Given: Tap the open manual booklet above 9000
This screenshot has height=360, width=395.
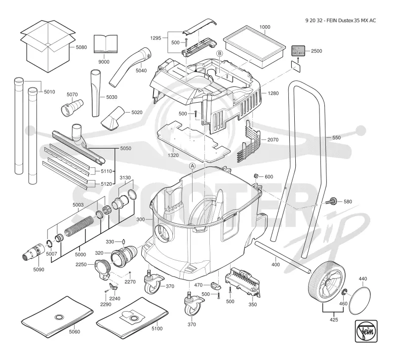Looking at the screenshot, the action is (x=106, y=44).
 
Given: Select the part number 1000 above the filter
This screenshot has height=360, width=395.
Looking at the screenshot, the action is (x=265, y=27).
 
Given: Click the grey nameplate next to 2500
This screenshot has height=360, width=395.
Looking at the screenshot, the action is (x=298, y=51).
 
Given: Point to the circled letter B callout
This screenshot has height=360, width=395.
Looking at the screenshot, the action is (x=220, y=53).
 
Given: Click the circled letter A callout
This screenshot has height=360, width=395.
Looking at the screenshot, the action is (x=192, y=166).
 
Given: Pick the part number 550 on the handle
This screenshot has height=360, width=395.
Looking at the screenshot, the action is (x=336, y=138).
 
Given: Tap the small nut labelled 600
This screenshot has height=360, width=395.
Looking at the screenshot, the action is (x=255, y=176).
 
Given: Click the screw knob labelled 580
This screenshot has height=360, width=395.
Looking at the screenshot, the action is (x=332, y=201).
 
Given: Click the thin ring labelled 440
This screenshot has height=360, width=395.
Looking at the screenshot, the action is (x=360, y=301).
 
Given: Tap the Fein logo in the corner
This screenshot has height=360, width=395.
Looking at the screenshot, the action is (x=366, y=331).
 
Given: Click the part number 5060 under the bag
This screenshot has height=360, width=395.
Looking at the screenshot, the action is (x=75, y=332).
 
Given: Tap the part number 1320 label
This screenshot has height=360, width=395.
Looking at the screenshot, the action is (x=173, y=155).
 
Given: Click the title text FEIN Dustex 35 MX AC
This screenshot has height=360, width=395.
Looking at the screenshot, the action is (x=351, y=21).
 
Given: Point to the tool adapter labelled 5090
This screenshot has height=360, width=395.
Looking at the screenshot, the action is (x=34, y=251).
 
